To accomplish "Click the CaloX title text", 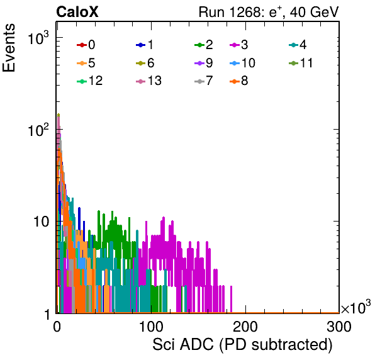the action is (77, 12).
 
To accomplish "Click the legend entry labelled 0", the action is (86, 45).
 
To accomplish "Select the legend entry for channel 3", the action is (238, 45).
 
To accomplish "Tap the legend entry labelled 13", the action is (148, 81).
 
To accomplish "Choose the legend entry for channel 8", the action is (238, 81).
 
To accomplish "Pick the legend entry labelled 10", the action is (242, 63).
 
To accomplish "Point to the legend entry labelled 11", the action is (301, 63).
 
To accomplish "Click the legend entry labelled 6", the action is (145, 63).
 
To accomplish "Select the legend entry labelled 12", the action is (90, 81).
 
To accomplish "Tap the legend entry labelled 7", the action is (203, 81).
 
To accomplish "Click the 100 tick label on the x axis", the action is (151, 327).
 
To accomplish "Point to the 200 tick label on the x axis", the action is (245, 327).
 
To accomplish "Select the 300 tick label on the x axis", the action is (339, 327).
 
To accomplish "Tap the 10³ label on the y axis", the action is (38, 38).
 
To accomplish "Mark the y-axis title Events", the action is (9, 48).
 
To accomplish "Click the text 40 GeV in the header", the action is (314, 12).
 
